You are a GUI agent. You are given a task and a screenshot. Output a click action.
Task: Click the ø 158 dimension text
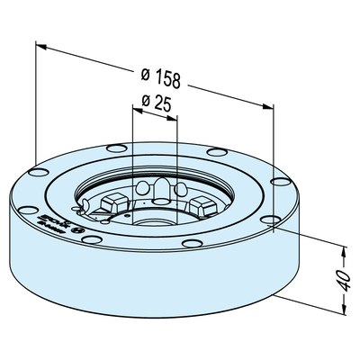pyautogui.click(x=161, y=77)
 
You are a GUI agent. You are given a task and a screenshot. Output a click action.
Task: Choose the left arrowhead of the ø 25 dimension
pyautogui.click(x=136, y=109)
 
